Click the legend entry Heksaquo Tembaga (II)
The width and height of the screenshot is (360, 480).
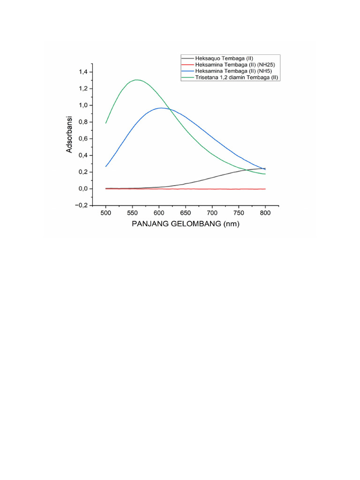224,58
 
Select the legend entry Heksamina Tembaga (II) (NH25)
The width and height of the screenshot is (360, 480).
235,65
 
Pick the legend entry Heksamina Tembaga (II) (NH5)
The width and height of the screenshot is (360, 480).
233,71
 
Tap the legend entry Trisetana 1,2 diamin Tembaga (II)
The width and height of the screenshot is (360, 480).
237,77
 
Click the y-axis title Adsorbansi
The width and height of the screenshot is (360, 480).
69,135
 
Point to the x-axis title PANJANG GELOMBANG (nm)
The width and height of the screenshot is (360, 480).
186,224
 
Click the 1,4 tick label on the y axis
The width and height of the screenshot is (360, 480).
83,72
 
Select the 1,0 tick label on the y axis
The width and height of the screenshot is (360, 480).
83,105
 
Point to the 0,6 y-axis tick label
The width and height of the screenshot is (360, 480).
83,139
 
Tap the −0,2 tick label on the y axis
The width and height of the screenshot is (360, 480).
82,205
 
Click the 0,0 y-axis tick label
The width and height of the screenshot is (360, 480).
83,188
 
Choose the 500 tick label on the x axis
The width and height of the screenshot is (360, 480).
106,213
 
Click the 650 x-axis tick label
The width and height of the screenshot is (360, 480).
186,213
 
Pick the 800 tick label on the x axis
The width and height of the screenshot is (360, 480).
265,213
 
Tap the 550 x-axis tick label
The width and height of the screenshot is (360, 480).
132,213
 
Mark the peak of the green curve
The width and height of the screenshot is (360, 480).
136,80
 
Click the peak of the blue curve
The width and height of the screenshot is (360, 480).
161,108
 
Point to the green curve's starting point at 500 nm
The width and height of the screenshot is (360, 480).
106,123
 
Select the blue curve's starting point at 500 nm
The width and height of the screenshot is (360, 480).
106,166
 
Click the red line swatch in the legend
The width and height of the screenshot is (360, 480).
187,65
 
